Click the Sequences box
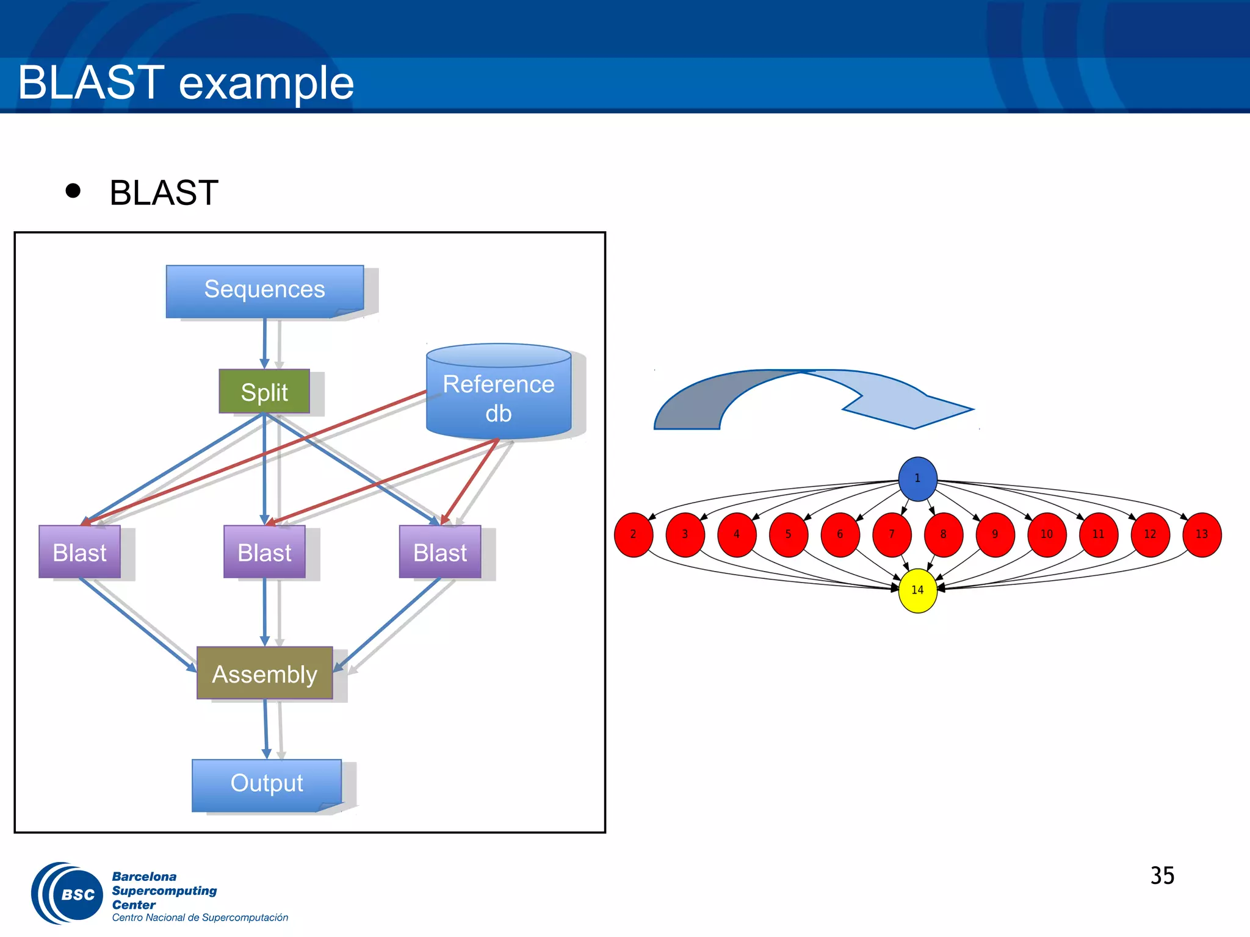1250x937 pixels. click(264, 290)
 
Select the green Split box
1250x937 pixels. click(264, 392)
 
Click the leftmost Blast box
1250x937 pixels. click(79, 552)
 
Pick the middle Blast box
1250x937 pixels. click(264, 552)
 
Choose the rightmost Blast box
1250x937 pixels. click(439, 552)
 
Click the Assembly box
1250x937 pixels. click(264, 673)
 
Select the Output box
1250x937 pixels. click(267, 784)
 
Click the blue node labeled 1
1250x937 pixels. click(917, 478)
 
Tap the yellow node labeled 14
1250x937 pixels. click(917, 590)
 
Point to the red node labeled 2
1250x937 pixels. click(633, 534)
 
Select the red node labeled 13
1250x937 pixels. click(1201, 534)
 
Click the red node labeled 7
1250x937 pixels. click(892, 534)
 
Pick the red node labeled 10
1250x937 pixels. click(1046, 534)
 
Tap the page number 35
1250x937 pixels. click(1162, 876)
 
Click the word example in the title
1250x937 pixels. click(266, 84)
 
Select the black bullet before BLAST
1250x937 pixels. click(73, 191)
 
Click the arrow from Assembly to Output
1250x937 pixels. click(266, 729)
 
